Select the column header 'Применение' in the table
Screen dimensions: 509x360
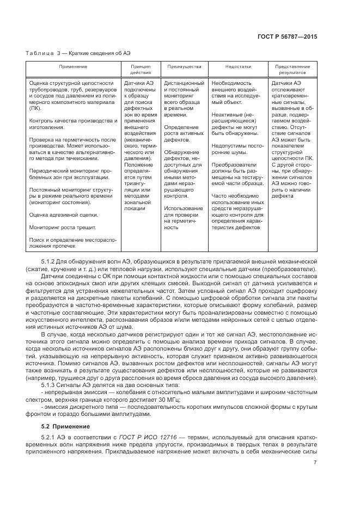74,66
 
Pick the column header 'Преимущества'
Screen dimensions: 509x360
176,66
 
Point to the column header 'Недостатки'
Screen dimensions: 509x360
238,66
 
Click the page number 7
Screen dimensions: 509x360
315,463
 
